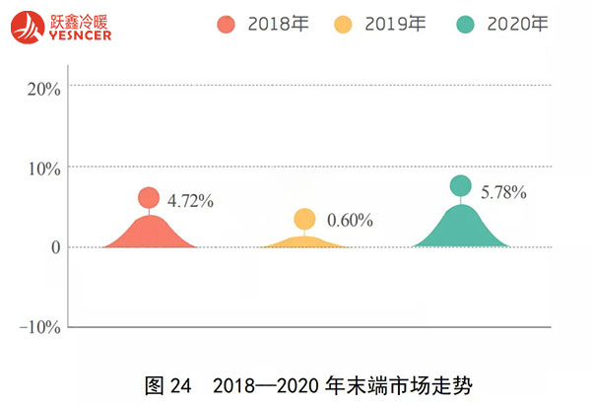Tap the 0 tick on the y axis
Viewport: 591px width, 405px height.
56,247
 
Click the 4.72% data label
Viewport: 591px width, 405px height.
190,201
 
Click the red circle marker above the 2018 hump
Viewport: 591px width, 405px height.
149,198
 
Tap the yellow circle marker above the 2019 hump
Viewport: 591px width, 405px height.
304,219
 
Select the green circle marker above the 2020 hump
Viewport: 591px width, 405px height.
460,185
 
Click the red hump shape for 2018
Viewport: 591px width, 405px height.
150,234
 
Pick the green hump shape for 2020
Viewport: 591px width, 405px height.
460,229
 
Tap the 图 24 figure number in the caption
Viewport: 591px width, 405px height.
167,384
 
